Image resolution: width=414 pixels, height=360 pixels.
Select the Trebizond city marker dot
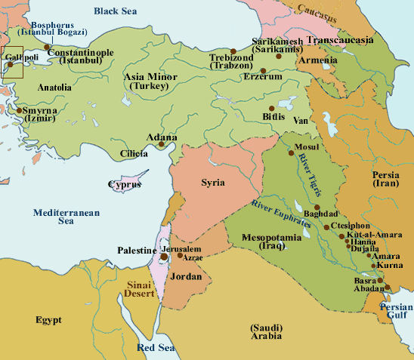pos(233,51)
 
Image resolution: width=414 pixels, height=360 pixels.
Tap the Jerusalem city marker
pos(163,256)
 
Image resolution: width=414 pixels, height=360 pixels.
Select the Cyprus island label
pos(125,184)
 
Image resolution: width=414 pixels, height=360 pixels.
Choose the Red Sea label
pos(156,348)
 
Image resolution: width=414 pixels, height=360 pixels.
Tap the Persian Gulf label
pos(396,312)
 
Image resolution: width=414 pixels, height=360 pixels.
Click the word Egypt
pos(48,320)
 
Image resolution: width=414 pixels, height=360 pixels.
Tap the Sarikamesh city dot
pos(279,55)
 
